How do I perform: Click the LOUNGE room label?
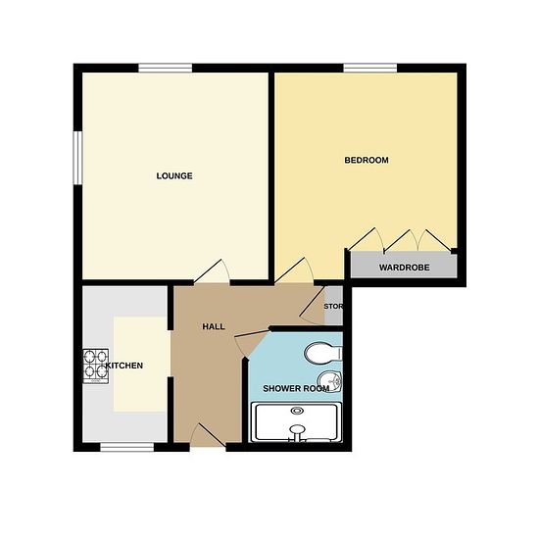coord(174,176)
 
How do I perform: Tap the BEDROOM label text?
coord(367,160)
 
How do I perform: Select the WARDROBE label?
coord(404,268)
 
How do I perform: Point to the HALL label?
coord(214,326)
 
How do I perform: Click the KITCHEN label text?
coord(124,366)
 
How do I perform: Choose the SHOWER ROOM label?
coord(296,389)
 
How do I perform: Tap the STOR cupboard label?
coord(333,307)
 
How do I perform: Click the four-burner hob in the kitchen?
coord(96,367)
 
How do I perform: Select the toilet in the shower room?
coord(323,353)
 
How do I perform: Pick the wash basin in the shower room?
coord(329,381)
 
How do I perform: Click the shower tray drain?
coord(297,411)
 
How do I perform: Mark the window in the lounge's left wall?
coord(78,158)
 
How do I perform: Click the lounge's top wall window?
coord(166,68)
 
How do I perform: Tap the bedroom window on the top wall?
coord(370,68)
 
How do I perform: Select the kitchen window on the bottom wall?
coord(127,447)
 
